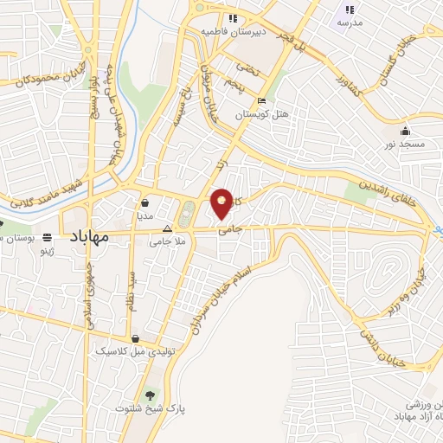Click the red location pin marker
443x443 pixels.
222,202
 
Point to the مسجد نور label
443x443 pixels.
407,144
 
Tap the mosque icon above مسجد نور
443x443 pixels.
406,131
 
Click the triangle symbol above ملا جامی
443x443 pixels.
168,228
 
